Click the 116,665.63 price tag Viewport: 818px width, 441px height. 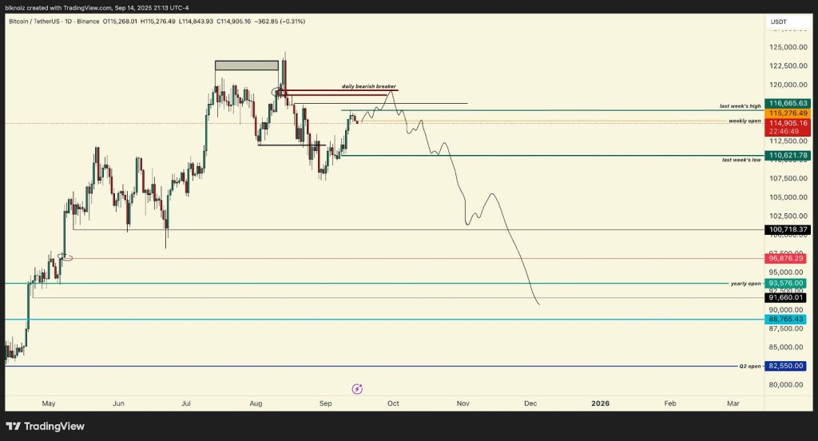[x=788, y=103]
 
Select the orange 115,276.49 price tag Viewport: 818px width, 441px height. [x=788, y=113]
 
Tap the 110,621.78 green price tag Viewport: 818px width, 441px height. [x=788, y=155]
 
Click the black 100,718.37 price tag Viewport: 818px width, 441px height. [x=788, y=230]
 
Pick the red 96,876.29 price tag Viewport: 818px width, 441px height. [x=788, y=258]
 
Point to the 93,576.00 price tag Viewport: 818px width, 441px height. [x=788, y=283]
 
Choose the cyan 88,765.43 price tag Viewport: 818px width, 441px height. [x=788, y=320]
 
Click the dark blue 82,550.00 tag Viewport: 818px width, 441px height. [x=788, y=366]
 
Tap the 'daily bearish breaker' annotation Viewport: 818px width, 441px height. [x=369, y=86]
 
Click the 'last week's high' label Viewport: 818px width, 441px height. [x=740, y=105]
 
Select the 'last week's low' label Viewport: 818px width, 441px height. [x=741, y=160]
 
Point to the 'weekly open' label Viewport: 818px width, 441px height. [x=745, y=121]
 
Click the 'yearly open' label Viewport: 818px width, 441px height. [x=745, y=284]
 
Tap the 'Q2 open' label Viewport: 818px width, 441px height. [x=750, y=366]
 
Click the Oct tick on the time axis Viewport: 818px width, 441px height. [x=392, y=403]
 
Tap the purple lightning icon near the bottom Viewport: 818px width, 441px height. [x=357, y=389]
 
